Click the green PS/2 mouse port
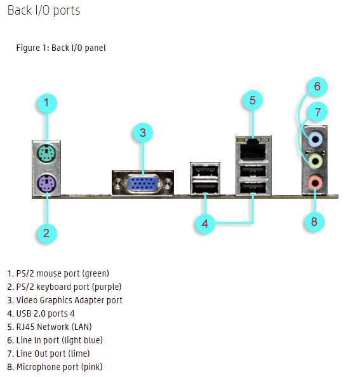tap(46, 153)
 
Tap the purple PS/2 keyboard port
tap(46, 184)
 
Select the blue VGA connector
tap(143, 184)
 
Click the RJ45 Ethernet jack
tap(253, 149)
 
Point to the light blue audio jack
tap(316, 139)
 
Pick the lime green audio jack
tap(316, 161)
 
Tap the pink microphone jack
tap(316, 182)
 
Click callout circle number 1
tap(47, 104)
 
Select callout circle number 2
tap(46, 233)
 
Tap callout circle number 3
tap(143, 133)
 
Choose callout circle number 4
tap(204, 224)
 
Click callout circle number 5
tap(253, 100)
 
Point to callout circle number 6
tap(317, 86)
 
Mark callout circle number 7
tap(317, 112)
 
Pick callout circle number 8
tap(314, 221)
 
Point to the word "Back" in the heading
tap(19, 11)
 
